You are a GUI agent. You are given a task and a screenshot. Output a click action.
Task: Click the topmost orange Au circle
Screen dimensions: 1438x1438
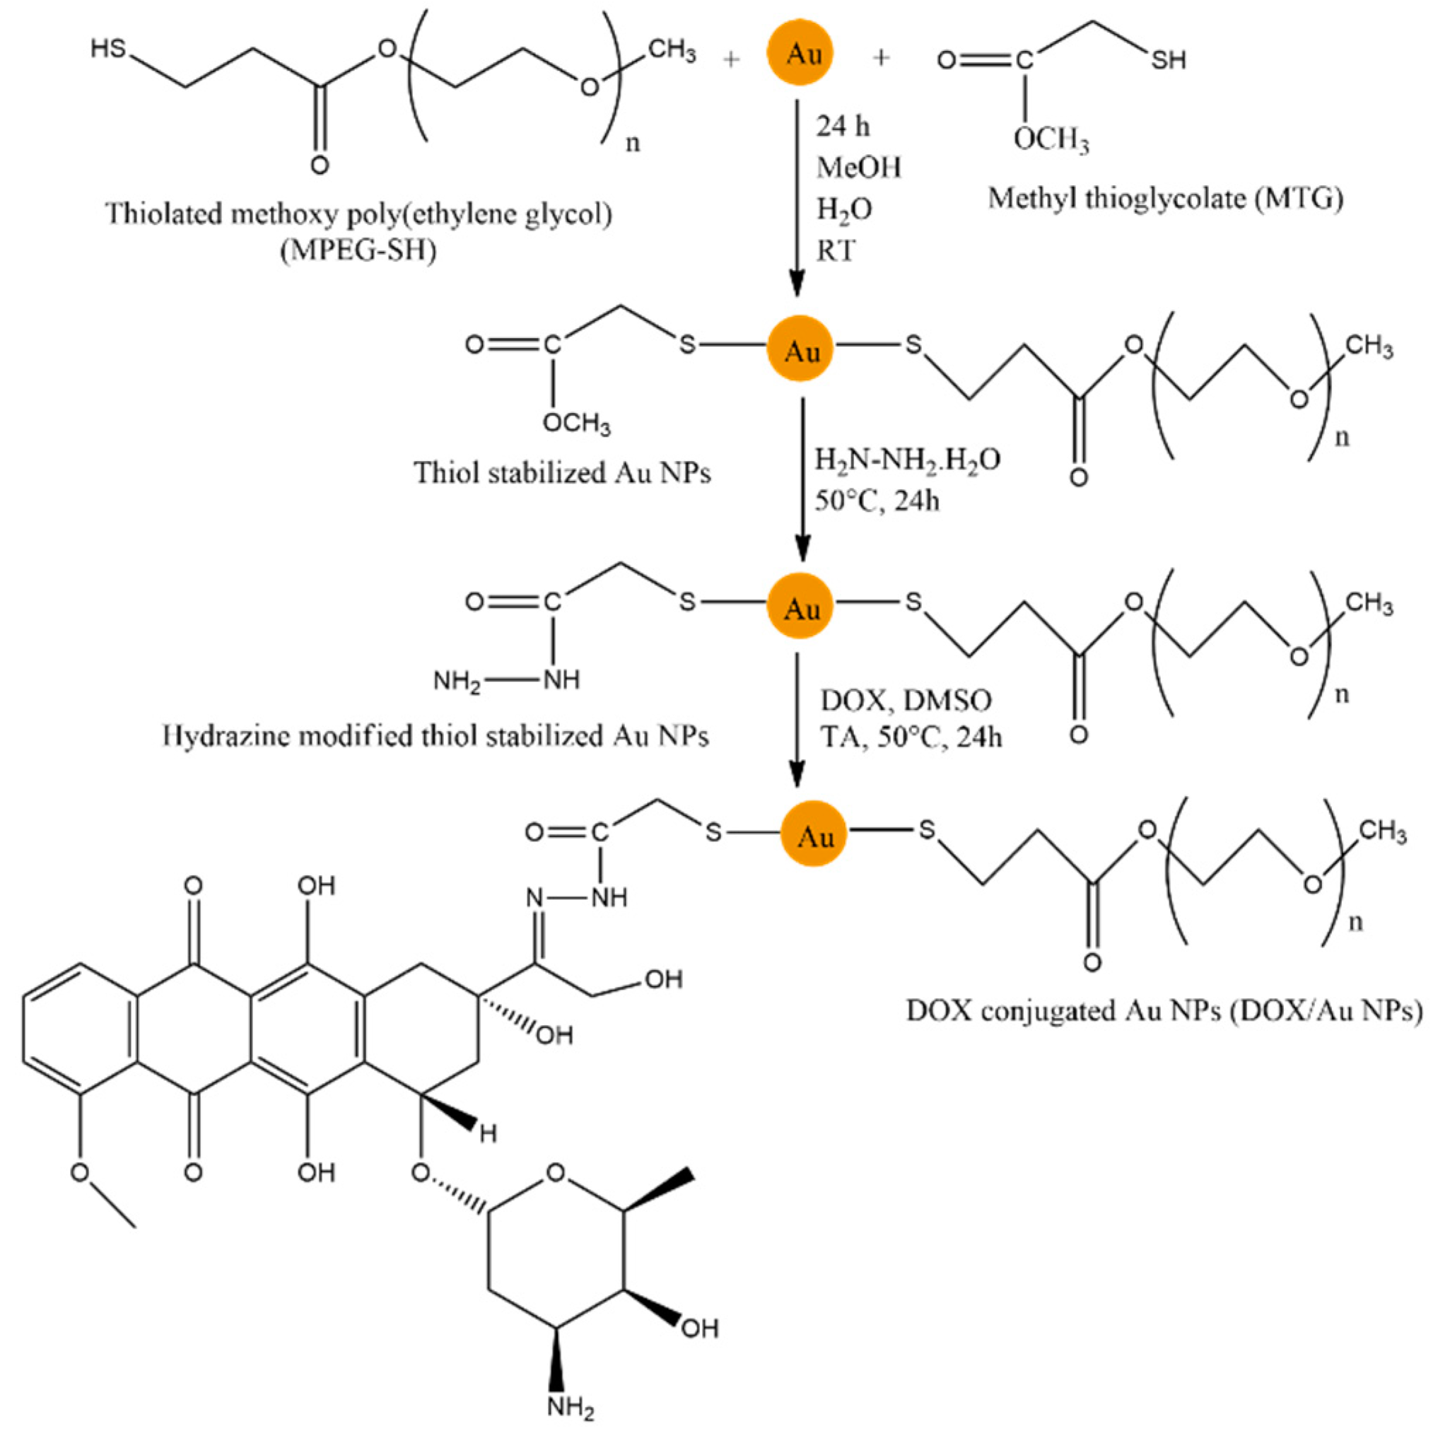pos(801,54)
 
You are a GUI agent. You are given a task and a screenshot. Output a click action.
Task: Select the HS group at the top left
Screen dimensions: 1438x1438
pos(109,49)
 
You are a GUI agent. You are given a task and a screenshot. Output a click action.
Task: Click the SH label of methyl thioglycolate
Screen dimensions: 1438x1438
pos(1168,60)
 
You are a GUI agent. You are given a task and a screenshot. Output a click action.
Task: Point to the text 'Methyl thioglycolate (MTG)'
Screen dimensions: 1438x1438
pos(1165,199)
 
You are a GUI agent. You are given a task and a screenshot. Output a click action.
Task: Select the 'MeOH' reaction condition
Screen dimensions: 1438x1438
pos(858,168)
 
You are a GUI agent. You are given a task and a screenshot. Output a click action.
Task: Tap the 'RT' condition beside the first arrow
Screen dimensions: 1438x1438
pos(835,251)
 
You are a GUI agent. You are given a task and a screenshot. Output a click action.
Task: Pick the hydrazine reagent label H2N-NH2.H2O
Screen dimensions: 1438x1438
pos(907,460)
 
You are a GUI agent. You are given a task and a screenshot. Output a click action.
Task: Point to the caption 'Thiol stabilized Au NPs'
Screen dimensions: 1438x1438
pos(562,473)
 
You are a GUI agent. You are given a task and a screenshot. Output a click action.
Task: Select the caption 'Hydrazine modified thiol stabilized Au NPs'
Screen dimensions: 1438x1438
pos(436,736)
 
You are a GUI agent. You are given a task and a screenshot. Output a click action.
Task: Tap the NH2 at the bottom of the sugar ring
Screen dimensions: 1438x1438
pos(571,1408)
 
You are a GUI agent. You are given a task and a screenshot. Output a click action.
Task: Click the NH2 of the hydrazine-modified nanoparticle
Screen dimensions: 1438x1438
pos(456,681)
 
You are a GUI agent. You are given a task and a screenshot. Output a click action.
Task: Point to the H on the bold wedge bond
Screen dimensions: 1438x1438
pos(488,1133)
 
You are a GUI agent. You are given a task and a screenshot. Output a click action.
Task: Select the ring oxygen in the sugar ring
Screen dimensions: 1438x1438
pos(556,1174)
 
